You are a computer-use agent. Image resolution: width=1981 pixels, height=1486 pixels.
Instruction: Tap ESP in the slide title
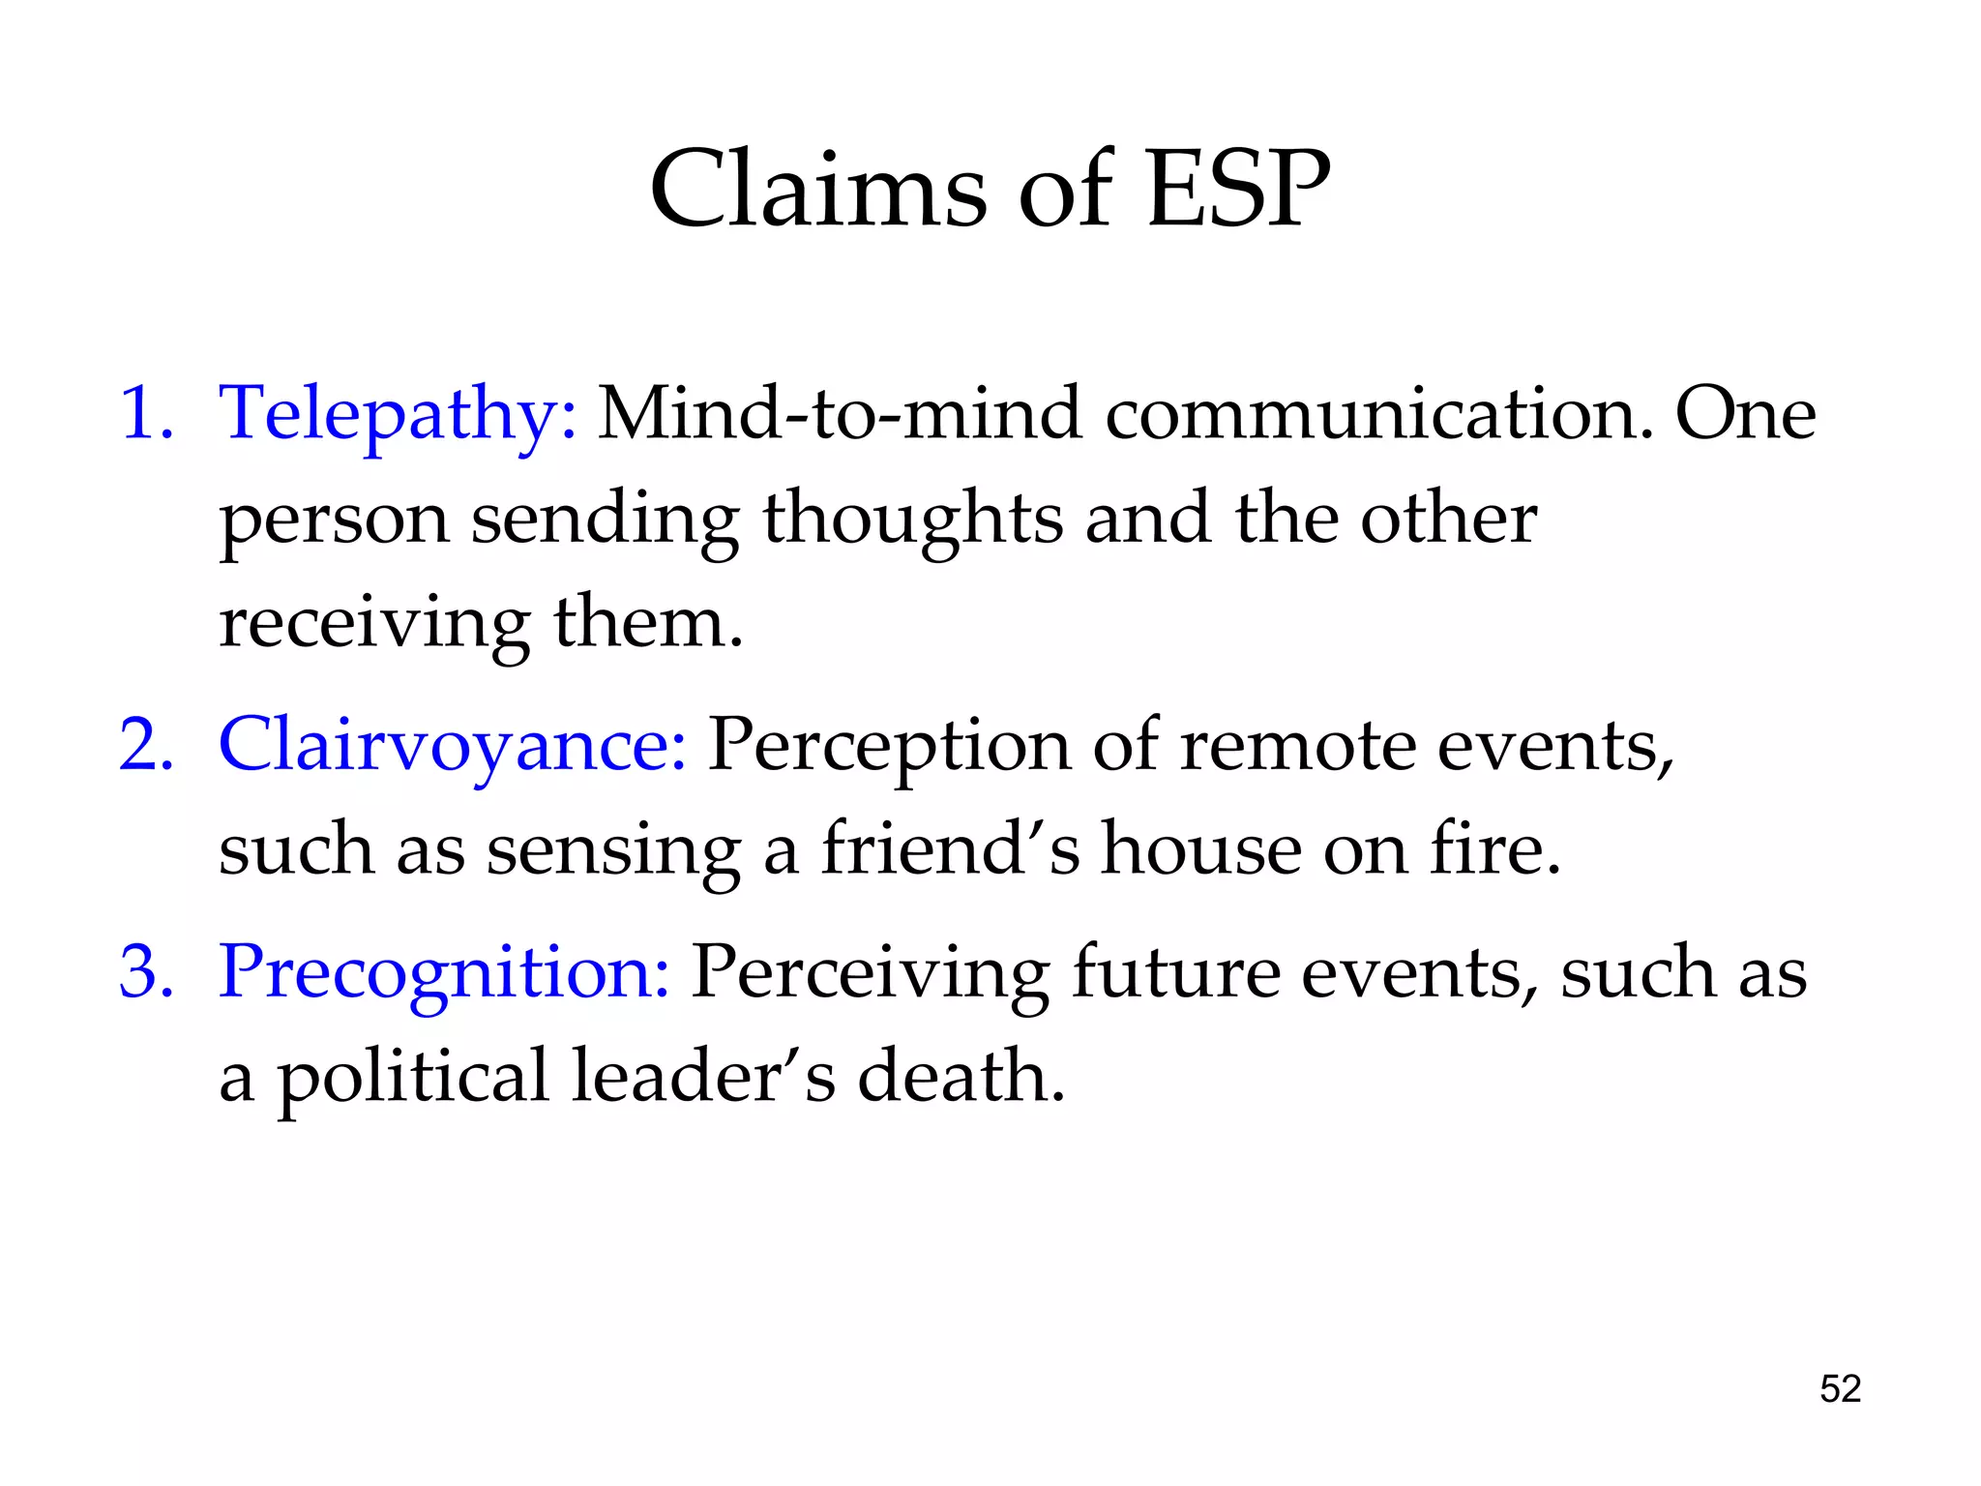tap(1237, 190)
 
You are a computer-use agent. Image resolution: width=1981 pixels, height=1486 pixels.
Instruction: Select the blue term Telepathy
tap(398, 414)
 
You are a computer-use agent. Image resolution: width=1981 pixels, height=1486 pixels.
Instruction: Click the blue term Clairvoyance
tap(453, 746)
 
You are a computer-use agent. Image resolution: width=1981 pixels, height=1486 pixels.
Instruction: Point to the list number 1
tap(145, 414)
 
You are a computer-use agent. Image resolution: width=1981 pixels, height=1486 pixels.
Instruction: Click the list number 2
tap(145, 746)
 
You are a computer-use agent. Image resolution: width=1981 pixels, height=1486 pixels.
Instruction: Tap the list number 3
tap(145, 971)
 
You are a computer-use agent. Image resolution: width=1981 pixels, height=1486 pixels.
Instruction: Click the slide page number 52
tap(1840, 1389)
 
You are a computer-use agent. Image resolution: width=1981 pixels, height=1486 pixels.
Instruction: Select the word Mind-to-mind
tap(839, 414)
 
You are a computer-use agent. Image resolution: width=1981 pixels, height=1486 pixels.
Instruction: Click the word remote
tap(1297, 746)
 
